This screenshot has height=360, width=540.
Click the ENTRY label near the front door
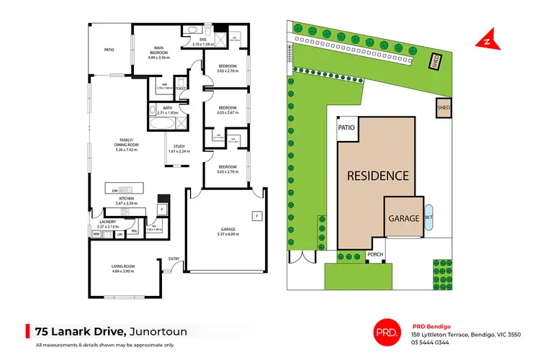[174, 259]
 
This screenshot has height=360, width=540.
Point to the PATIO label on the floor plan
[109, 50]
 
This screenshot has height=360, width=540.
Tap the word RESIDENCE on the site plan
[378, 175]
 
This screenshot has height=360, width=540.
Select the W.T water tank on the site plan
[428, 217]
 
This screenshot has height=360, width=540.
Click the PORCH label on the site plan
[375, 254]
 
